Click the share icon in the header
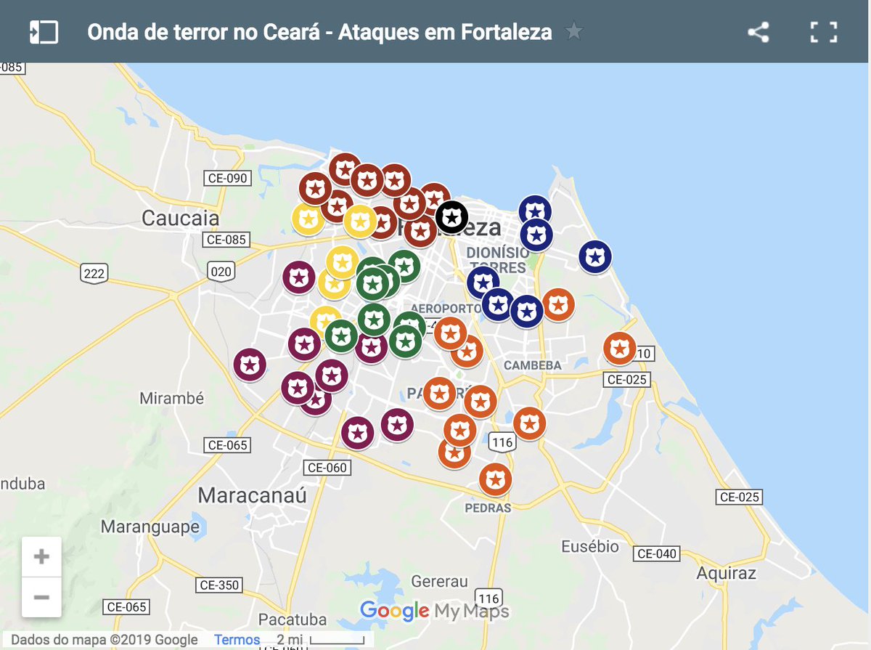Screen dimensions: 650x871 (x=758, y=33)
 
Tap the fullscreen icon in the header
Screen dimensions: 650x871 (x=824, y=33)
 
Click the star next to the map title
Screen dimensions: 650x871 (x=574, y=32)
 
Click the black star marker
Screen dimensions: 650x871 (x=451, y=216)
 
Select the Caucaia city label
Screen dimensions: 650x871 (x=180, y=218)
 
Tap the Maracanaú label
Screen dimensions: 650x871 (x=253, y=496)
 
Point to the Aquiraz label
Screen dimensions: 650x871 (x=726, y=573)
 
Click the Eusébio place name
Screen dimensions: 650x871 (x=590, y=546)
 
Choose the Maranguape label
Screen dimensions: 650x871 (x=150, y=527)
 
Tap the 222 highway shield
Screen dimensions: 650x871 (x=94, y=273)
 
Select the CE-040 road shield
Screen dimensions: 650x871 (x=656, y=553)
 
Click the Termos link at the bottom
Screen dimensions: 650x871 (x=237, y=640)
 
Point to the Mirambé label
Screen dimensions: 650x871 (x=171, y=399)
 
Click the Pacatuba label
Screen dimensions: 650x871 (x=293, y=620)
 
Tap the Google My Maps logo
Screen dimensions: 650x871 (x=435, y=611)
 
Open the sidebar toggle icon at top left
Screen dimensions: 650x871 (x=44, y=33)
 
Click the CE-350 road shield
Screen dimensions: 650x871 (x=218, y=585)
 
